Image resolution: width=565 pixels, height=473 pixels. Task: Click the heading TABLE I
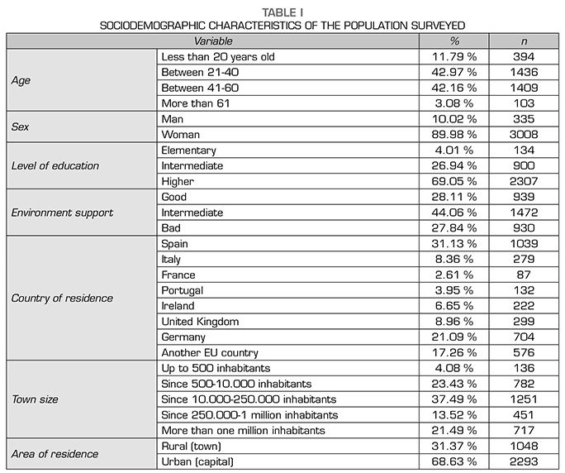(282, 12)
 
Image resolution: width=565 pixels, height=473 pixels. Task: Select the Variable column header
(213, 41)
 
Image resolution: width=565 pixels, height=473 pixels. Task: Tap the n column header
(523, 41)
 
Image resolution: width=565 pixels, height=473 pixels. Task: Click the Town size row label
(36, 399)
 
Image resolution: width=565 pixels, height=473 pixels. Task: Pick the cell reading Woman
(181, 135)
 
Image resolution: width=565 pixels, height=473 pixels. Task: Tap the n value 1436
(523, 73)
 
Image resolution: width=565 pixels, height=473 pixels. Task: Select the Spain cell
(176, 244)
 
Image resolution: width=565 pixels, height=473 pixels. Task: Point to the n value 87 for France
(523, 275)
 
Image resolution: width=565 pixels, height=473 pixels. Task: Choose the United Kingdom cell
(201, 322)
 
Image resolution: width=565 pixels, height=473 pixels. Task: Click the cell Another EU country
(211, 353)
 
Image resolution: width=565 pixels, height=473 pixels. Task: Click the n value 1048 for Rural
(523, 447)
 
